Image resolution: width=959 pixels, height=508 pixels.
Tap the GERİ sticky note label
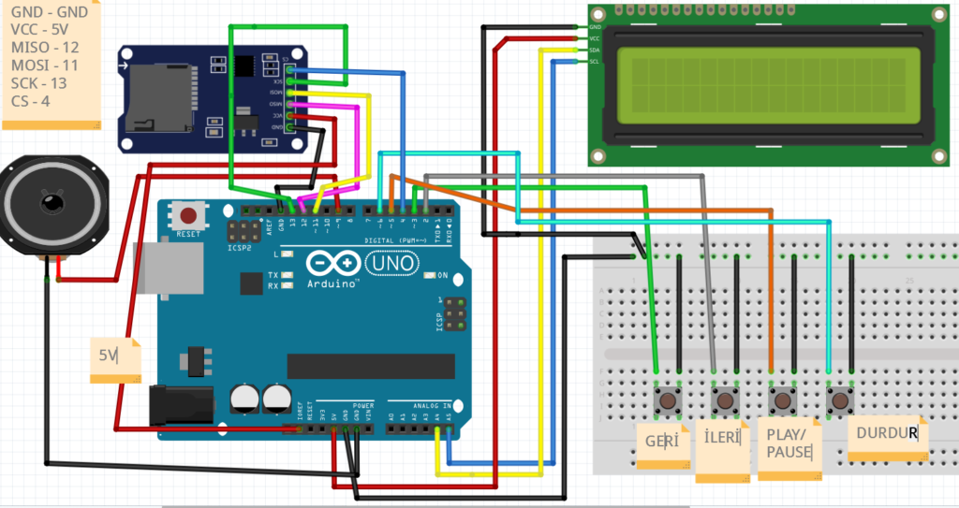point(661,441)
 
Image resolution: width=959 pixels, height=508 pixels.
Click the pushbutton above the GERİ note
point(668,400)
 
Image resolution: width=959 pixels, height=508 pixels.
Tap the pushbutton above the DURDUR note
point(840,400)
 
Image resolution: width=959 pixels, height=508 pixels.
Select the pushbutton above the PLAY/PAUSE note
point(783,400)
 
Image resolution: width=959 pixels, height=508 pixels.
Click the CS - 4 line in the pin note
point(31,100)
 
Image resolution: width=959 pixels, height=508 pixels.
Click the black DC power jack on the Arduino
point(183,407)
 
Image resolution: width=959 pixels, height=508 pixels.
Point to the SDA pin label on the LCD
point(595,50)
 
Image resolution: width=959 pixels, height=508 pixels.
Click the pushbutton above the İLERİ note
point(725,400)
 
